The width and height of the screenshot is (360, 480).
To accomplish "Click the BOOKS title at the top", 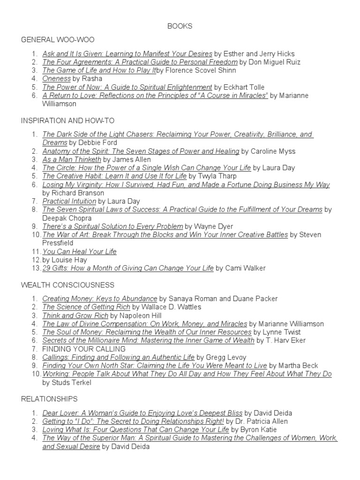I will click(180, 26).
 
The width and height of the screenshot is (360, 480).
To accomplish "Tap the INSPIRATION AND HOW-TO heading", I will click(67, 120).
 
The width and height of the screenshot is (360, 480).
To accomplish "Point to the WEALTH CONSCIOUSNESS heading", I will click(67, 285).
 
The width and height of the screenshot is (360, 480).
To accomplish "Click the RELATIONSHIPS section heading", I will click(49, 399).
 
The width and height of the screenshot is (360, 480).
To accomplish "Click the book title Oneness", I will click(57, 79).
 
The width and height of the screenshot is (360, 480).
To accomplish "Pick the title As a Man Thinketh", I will click(72, 159).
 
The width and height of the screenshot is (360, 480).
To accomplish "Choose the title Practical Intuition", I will click(69, 201).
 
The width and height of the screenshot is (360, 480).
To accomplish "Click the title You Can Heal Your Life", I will click(80, 252).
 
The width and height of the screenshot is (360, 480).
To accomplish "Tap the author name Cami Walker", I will click(246, 268).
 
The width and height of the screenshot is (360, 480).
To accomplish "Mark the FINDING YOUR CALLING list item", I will click(84, 349).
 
